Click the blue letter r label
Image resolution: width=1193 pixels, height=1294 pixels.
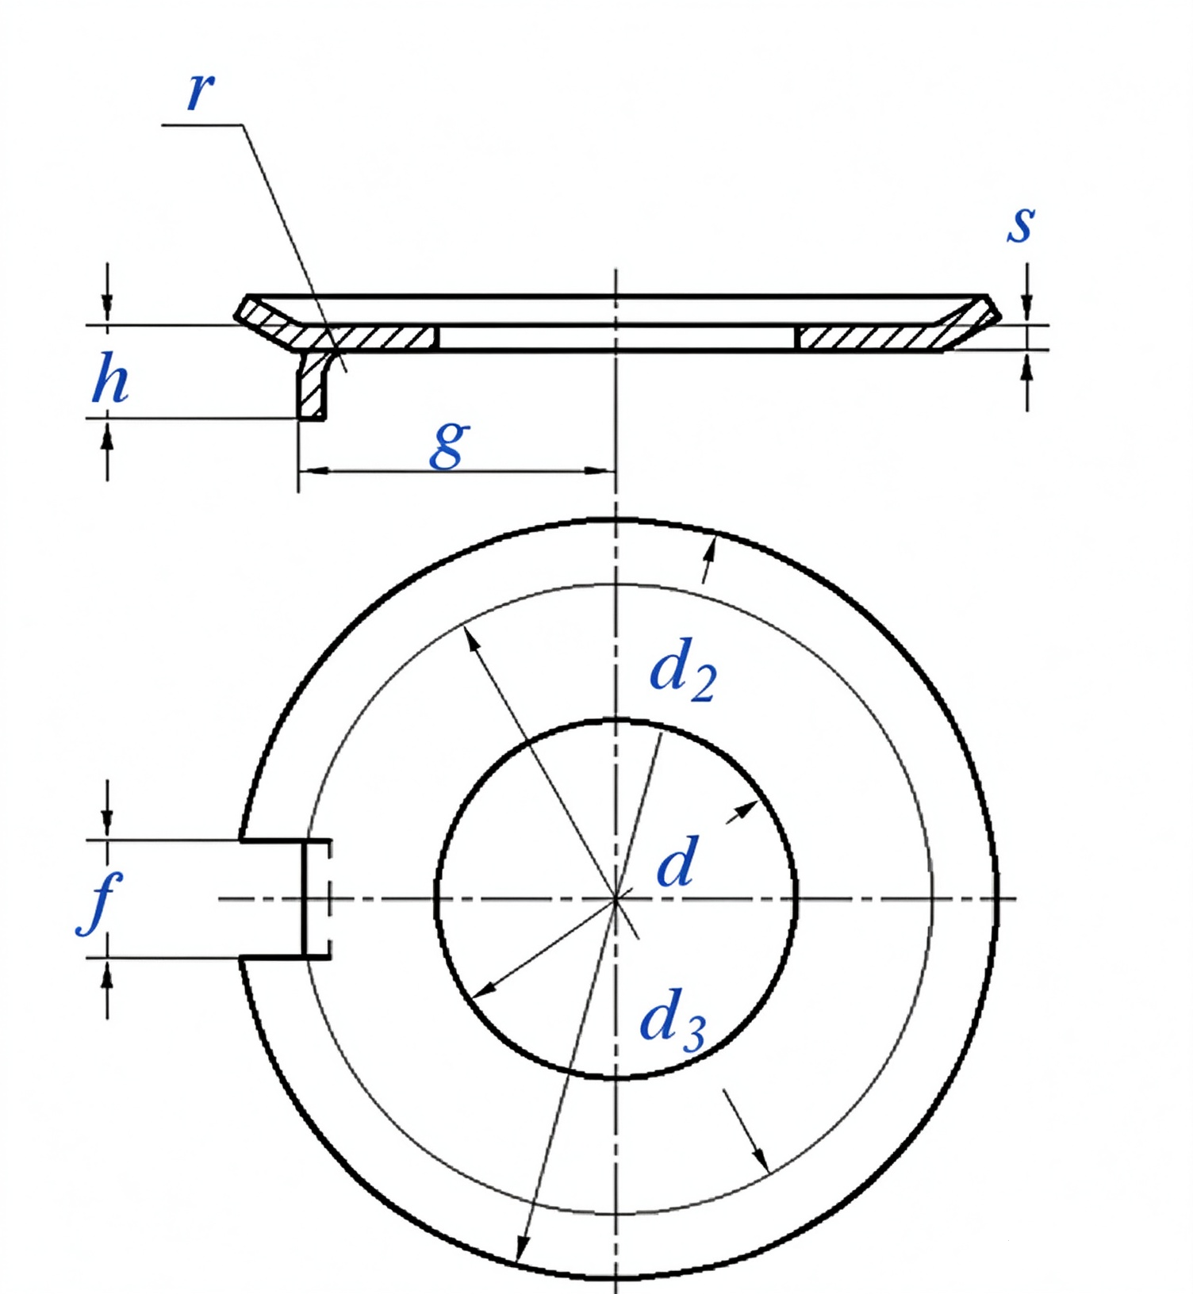pos(201,91)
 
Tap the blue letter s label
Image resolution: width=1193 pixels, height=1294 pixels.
pos(1021,224)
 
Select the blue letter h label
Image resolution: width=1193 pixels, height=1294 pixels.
pos(110,378)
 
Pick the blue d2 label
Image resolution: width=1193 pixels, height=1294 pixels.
pos(682,671)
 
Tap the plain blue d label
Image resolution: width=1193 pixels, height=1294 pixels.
pos(677,863)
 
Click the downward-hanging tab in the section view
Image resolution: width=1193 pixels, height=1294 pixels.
pos(312,385)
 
